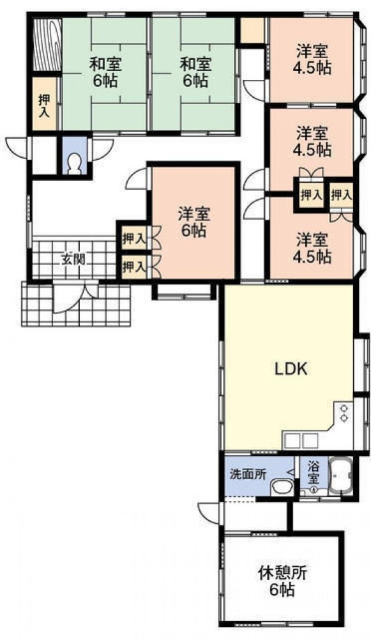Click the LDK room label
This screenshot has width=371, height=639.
pos(292,369)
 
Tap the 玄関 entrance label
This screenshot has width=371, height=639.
pos(70,259)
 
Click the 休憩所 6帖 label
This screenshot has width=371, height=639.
pos(283,579)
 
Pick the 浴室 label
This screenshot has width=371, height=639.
pos(314,473)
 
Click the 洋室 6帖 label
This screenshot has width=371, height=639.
pos(192,222)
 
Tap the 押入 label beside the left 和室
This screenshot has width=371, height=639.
pos(44,105)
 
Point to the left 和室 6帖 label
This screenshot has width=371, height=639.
pos(106,72)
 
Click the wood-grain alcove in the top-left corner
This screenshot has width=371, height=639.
pos(45,45)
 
